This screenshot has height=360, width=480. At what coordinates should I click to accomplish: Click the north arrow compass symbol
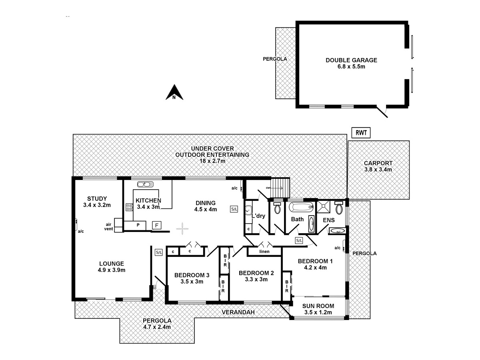[x=174, y=92]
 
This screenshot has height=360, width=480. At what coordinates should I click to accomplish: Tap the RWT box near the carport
[x=360, y=133]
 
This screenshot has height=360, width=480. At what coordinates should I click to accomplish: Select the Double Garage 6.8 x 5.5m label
[x=351, y=63]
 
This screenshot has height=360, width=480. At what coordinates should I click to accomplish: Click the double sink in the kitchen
[x=144, y=184]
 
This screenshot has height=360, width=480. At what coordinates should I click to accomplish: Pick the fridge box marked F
[x=157, y=225]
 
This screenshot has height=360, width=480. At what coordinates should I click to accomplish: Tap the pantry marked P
[x=138, y=226]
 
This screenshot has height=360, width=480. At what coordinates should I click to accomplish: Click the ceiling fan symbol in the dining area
[x=182, y=228]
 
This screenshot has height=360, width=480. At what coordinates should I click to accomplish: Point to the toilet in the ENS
[x=339, y=208]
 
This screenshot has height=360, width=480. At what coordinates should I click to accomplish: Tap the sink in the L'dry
[x=248, y=209]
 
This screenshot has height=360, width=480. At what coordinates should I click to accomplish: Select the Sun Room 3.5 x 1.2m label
[x=319, y=309]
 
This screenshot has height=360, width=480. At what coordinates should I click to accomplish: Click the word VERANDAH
[x=238, y=312]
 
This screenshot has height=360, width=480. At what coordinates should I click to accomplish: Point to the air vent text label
[x=108, y=227]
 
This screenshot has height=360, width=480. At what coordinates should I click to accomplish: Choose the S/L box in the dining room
[x=234, y=208]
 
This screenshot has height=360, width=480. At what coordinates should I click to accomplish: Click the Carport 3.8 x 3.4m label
[x=378, y=166]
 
